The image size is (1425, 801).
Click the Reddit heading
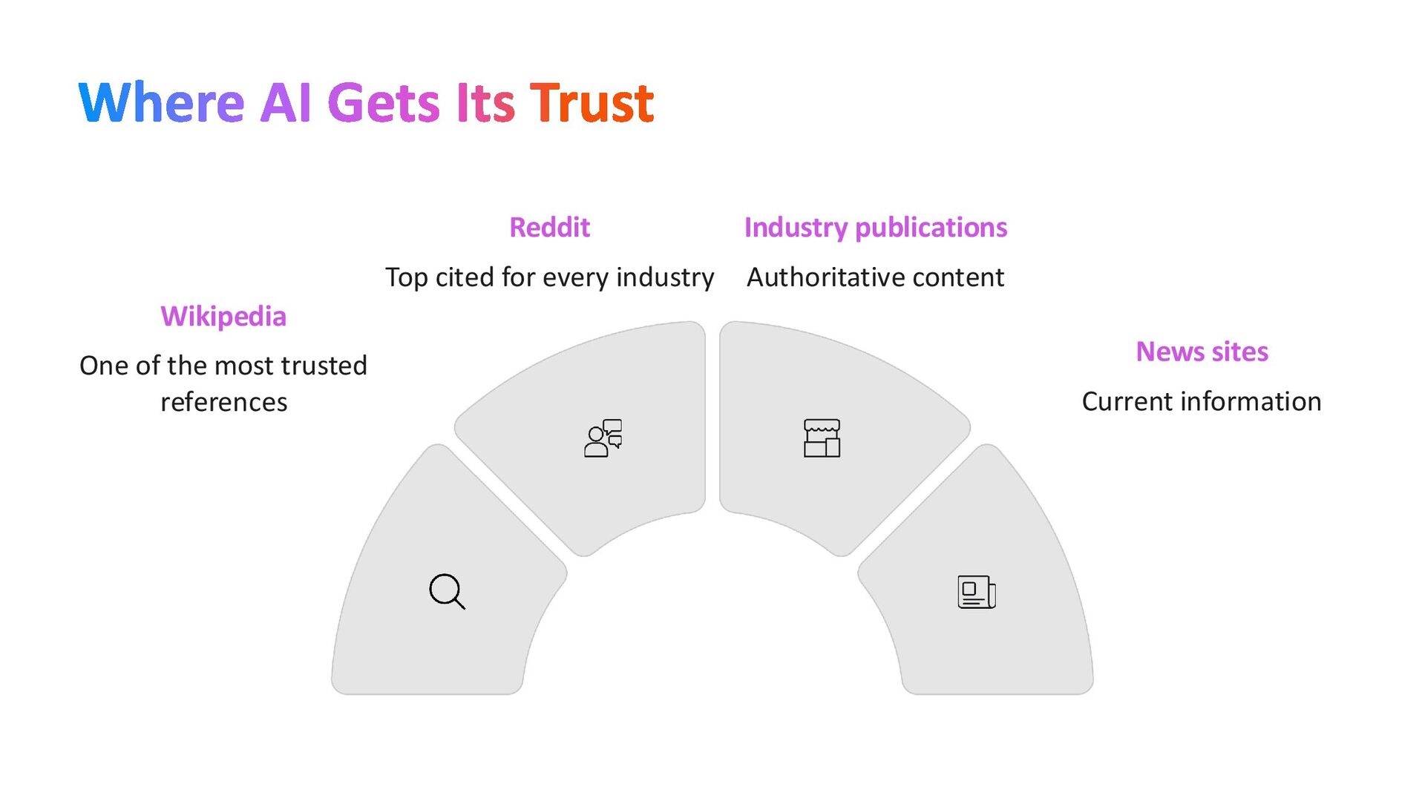(549, 227)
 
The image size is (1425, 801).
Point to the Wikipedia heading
(223, 316)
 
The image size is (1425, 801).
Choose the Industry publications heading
(875, 227)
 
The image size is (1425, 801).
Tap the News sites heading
(1202, 352)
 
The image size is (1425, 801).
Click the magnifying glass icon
(447, 592)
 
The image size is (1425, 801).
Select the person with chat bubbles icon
(603, 438)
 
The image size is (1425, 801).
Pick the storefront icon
(822, 438)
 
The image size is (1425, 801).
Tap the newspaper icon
(977, 592)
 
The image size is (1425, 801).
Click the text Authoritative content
(875, 277)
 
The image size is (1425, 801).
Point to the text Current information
(1202, 401)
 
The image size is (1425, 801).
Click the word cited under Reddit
(465, 277)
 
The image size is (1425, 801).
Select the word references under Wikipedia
(223, 402)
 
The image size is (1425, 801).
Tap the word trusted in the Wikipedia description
(324, 366)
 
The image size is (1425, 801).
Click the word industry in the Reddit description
(665, 277)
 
